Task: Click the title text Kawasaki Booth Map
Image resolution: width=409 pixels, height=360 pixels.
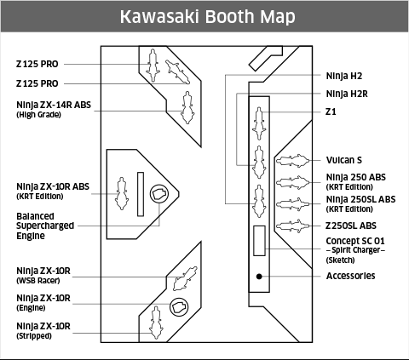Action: pyautogui.click(x=204, y=17)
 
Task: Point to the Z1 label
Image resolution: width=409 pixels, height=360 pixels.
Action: pyautogui.click(x=331, y=111)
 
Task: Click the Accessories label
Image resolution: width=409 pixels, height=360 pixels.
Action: pyautogui.click(x=350, y=276)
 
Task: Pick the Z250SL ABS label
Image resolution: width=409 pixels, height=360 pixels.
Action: pyautogui.click(x=350, y=226)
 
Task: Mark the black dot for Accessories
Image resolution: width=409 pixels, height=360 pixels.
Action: pyautogui.click(x=259, y=276)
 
